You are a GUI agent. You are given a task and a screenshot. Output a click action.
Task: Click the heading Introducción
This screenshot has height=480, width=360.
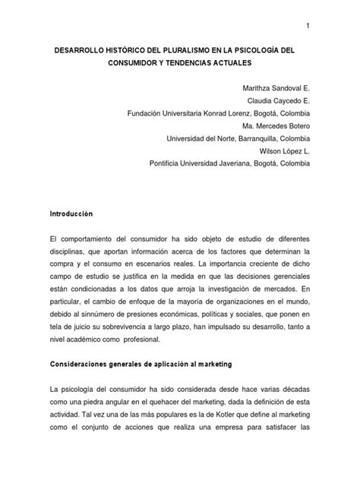[x=71, y=215]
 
